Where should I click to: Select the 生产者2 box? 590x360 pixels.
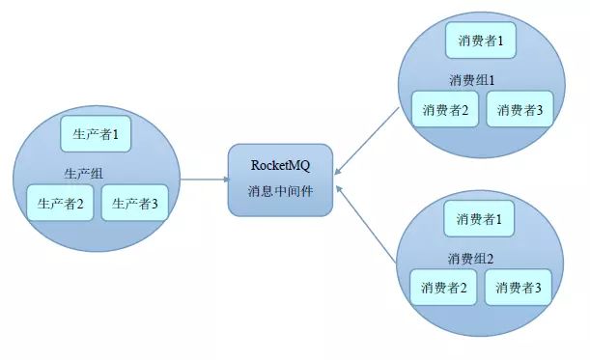60,203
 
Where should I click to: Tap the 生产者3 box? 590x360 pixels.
135,203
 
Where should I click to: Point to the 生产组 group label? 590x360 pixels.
83,174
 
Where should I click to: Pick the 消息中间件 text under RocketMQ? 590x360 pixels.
280,189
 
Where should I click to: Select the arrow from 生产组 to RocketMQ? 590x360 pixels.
204,180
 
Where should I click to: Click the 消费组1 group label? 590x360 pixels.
472,79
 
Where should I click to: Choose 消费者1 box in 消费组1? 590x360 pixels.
480,41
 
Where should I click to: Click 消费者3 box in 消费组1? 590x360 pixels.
520,109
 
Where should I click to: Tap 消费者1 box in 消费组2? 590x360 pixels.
479,219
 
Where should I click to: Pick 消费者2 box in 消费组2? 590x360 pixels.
443,287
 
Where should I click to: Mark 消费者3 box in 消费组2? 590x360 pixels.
519,287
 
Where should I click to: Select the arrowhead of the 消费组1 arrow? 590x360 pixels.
338,171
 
